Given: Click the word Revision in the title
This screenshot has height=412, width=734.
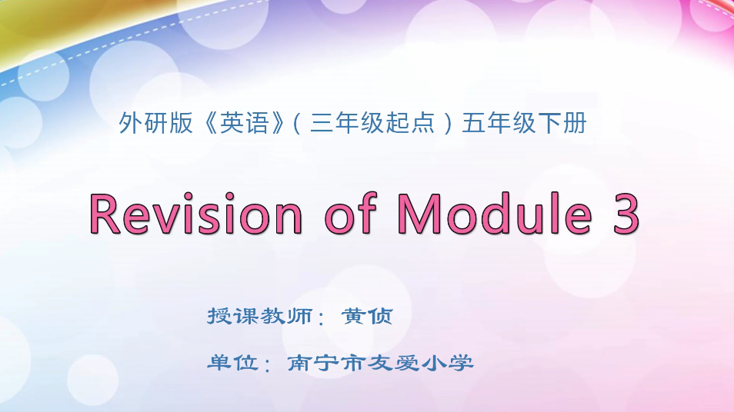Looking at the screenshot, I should (x=196, y=213).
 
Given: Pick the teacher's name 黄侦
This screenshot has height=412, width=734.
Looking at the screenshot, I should (x=367, y=316).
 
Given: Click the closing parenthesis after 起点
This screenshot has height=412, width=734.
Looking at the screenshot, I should (x=449, y=123).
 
